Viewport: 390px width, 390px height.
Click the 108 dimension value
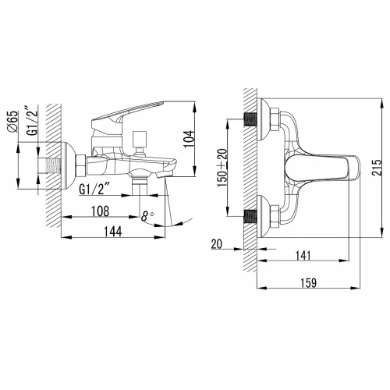click(x=101, y=211)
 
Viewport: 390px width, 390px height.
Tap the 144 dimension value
click(x=113, y=232)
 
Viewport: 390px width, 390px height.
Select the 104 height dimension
click(x=190, y=139)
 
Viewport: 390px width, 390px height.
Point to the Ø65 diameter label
click(x=12, y=121)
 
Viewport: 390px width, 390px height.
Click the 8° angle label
click(x=147, y=216)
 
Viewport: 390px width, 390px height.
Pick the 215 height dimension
click(x=377, y=168)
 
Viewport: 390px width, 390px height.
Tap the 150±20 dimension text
click(x=222, y=168)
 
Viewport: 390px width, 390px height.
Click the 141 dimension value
click(x=303, y=256)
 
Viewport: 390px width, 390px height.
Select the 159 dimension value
click(x=308, y=283)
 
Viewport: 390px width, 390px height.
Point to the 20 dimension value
click(x=217, y=244)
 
